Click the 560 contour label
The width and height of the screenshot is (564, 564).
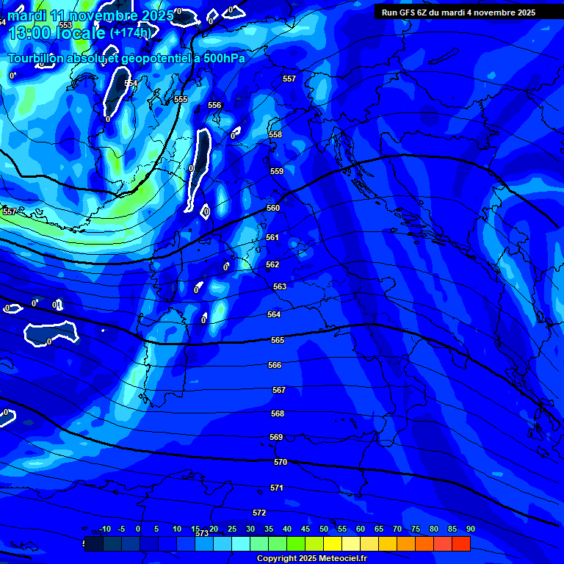[x=273, y=208]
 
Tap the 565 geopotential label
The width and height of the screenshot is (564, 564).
[x=278, y=340]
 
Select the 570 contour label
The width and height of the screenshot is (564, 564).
[x=281, y=462]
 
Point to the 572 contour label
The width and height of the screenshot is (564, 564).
[x=259, y=513]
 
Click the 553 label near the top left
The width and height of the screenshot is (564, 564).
[x=65, y=25]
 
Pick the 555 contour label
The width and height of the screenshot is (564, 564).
[x=181, y=99]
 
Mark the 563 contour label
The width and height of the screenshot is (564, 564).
[x=280, y=286]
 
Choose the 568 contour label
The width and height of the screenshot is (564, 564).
[x=278, y=413]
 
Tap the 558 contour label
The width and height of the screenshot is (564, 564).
[x=275, y=134]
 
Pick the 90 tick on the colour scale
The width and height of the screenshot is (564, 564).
[x=470, y=529]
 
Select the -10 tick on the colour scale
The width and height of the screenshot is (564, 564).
[x=104, y=529]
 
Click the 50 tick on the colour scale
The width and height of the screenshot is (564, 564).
[x=324, y=529]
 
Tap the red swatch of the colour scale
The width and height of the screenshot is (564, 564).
[x=460, y=543]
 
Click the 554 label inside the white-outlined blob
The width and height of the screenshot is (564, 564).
[x=131, y=83]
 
